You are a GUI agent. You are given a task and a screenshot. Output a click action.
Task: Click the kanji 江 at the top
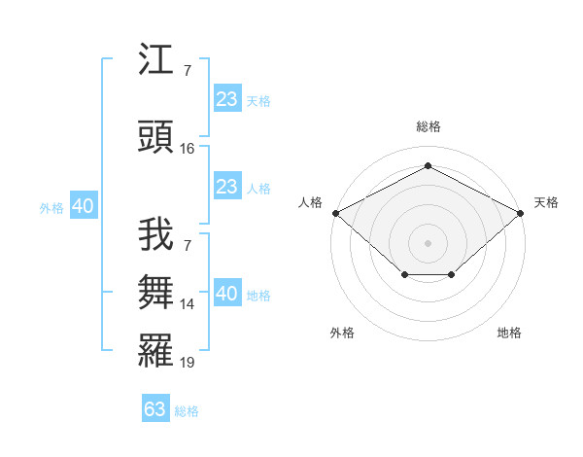click(x=155, y=58)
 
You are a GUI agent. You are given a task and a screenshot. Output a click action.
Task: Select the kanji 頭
click(x=155, y=136)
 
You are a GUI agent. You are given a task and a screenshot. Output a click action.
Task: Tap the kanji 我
click(x=155, y=234)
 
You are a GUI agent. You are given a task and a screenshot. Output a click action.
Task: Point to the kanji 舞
click(x=155, y=292)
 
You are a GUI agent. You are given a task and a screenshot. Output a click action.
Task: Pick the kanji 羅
click(x=155, y=351)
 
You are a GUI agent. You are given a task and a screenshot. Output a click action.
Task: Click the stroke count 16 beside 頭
click(x=187, y=149)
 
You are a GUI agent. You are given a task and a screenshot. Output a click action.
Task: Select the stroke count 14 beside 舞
click(x=187, y=304)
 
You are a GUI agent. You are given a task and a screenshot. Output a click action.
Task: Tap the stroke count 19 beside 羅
click(x=187, y=363)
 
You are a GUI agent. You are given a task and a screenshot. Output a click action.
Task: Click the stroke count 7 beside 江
click(x=188, y=71)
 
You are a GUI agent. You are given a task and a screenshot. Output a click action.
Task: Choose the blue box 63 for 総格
click(x=155, y=407)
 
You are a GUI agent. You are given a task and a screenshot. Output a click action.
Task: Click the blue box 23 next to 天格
click(x=227, y=98)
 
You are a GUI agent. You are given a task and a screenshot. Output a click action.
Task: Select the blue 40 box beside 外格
click(x=84, y=205)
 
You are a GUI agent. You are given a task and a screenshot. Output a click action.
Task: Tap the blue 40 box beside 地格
click(x=227, y=292)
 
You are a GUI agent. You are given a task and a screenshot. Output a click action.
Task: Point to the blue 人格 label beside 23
click(x=258, y=189)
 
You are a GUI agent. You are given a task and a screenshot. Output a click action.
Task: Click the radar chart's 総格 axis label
click(x=429, y=126)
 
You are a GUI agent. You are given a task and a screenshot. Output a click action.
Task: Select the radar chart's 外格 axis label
click(x=342, y=333)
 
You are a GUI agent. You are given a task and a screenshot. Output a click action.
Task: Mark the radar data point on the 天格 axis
click(x=520, y=213)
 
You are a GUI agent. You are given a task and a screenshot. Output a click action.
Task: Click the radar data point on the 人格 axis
click(x=336, y=213)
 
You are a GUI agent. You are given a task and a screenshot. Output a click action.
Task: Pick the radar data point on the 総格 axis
click(x=428, y=165)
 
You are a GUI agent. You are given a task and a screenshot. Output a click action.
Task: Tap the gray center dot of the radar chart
click(x=428, y=243)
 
